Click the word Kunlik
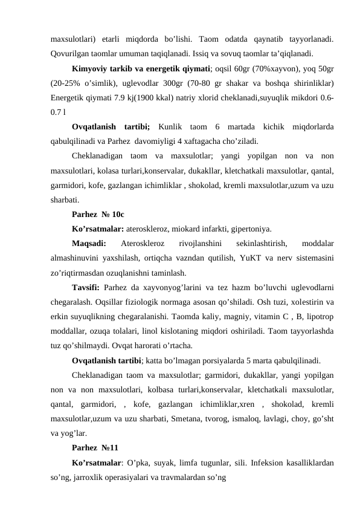175,128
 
